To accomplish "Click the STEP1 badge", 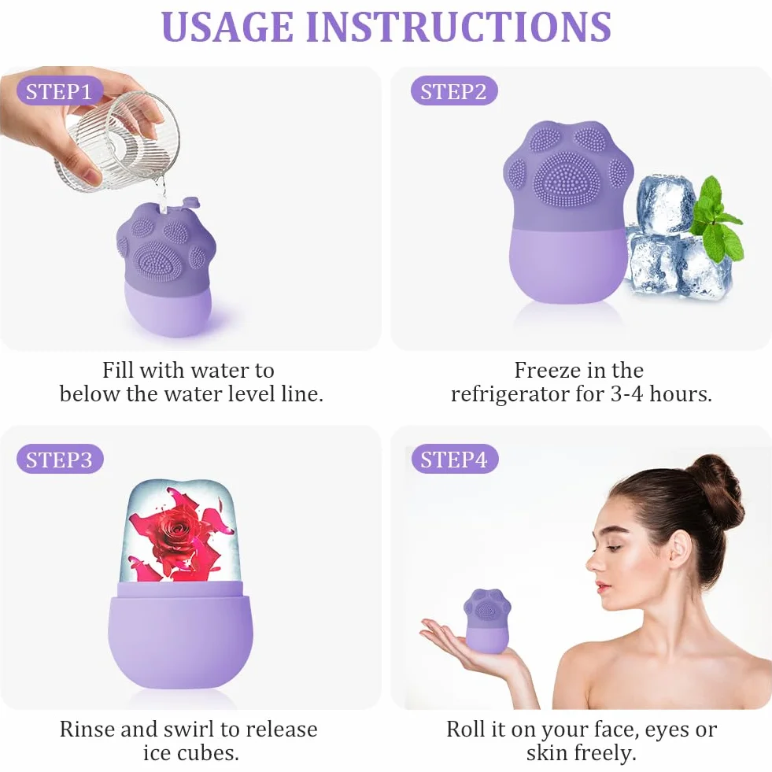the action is click(59, 91).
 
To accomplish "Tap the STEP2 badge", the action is click(453, 91).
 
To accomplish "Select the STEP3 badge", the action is click(60, 460).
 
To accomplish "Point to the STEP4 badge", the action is click(454, 460).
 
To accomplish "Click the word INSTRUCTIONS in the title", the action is click(458, 26).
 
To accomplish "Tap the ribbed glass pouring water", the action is click(117, 142).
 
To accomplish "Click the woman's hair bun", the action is click(719, 482).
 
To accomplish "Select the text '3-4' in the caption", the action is click(626, 394).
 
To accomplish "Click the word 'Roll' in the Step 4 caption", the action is click(466, 730).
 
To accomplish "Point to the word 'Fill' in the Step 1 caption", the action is click(118, 370).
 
